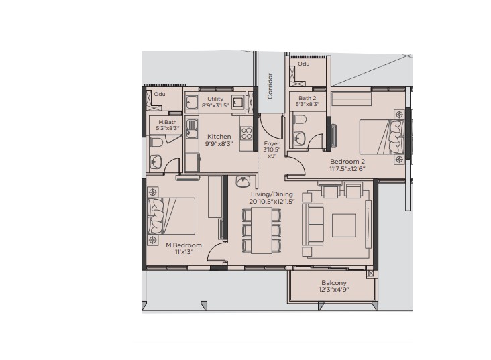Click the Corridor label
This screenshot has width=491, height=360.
[x=270, y=86]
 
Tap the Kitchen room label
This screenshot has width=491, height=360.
[x=219, y=137]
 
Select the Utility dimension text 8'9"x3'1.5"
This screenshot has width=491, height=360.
[x=215, y=105]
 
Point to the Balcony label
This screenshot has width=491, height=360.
[x=334, y=283]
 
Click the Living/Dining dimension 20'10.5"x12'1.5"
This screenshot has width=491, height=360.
[x=272, y=202]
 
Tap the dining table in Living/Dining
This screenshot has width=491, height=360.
[x=262, y=231]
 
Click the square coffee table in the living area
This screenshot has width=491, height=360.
[x=344, y=225]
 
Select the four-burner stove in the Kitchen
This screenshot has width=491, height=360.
[x=246, y=133]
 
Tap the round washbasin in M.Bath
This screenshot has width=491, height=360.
[x=156, y=162]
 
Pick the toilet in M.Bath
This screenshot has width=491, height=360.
[x=156, y=143]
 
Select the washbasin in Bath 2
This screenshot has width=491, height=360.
[x=300, y=137]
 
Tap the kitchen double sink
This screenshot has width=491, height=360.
[x=191, y=128]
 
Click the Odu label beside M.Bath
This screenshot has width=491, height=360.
[x=160, y=94]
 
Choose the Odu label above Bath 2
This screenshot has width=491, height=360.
[x=303, y=64]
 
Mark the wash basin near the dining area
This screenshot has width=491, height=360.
[x=243, y=181]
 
